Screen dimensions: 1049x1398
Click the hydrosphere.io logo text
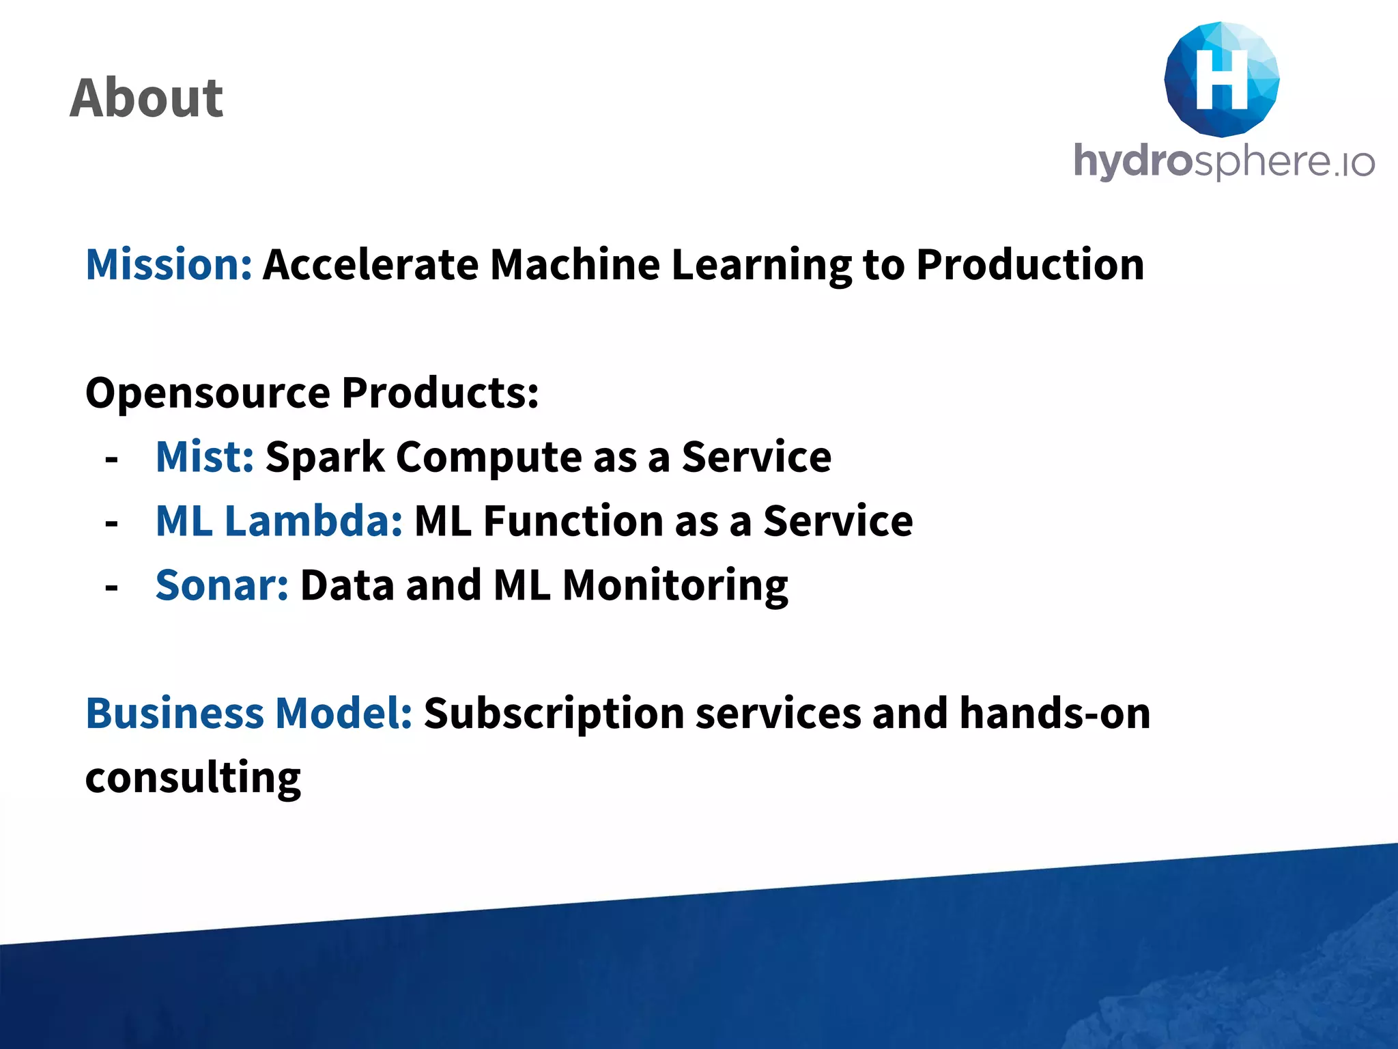(1223, 161)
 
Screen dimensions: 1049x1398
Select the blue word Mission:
(169, 265)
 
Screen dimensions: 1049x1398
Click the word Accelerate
(371, 265)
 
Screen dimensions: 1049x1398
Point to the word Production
(1029, 265)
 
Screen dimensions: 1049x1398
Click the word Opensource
(208, 394)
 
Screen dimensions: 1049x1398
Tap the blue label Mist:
(205, 457)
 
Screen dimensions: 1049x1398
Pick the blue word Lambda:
(313, 521)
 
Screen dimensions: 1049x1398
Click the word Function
(573, 521)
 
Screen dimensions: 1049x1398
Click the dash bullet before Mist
(112, 460)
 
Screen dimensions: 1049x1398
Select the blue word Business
(175, 714)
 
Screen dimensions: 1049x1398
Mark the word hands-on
(1055, 714)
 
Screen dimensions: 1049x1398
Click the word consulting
(193, 779)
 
